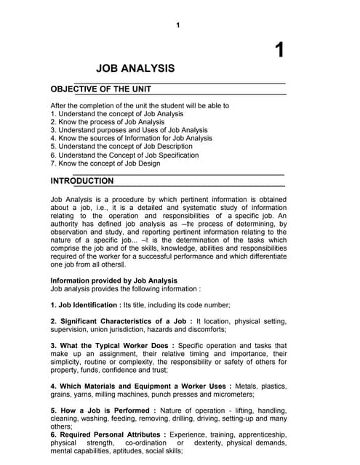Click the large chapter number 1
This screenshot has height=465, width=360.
tap(279, 51)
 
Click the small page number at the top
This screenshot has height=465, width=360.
tap(177, 25)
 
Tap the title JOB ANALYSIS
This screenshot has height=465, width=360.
tap(135, 69)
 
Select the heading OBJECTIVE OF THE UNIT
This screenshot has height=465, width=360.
tap(100, 89)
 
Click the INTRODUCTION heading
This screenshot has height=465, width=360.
tap(82, 180)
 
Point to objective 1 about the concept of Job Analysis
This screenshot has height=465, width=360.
tap(116, 114)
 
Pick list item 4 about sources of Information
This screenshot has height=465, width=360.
tap(131, 138)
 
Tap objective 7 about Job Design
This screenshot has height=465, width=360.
tap(105, 163)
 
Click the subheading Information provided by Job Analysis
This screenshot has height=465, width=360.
tap(113, 280)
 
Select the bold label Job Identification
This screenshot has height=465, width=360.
tap(88, 304)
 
